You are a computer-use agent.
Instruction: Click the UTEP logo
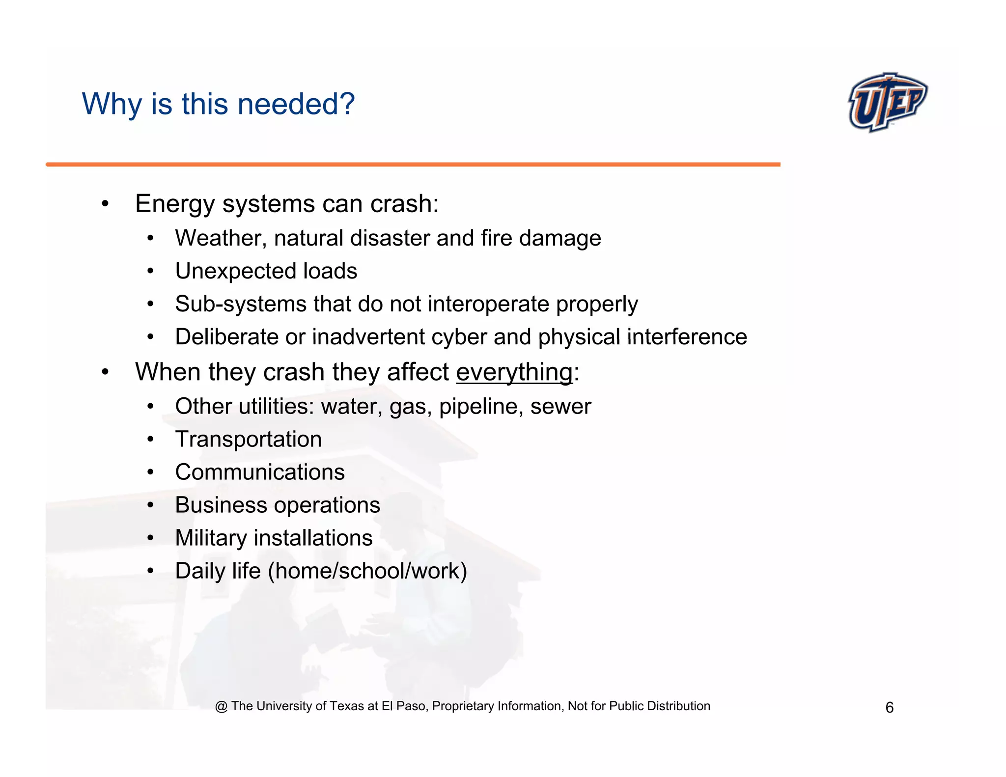tap(887, 102)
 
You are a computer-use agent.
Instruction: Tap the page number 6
tap(889, 707)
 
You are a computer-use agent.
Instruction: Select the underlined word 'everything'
tap(514, 372)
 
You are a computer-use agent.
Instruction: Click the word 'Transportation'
tap(249, 439)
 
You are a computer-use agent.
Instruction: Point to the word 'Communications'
tap(260, 472)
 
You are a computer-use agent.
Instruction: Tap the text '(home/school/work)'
tap(367, 571)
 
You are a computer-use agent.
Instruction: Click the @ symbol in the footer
tap(221, 706)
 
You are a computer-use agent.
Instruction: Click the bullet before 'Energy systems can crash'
tap(105, 204)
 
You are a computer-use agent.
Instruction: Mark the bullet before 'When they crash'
tap(105, 372)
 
